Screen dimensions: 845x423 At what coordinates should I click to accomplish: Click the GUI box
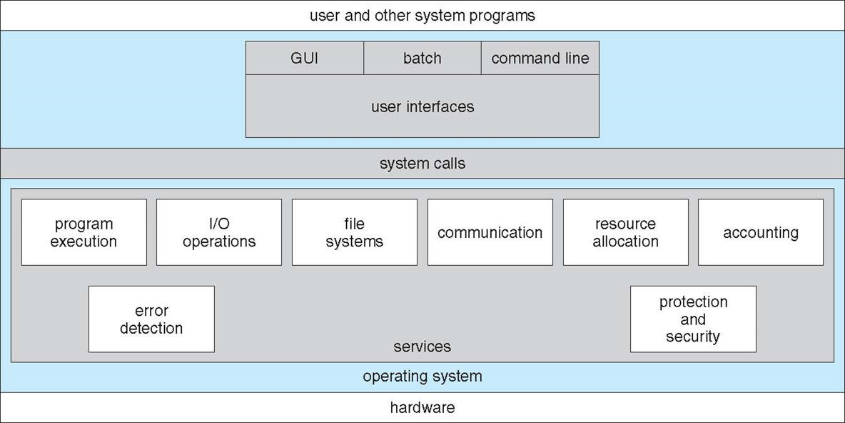[305, 58]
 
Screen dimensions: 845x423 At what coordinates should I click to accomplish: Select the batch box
[422, 58]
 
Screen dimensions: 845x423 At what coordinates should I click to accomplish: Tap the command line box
[540, 58]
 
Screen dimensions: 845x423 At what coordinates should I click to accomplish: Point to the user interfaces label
[422, 107]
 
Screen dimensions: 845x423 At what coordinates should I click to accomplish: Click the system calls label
[422, 164]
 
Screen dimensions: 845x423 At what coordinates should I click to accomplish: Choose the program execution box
[84, 232]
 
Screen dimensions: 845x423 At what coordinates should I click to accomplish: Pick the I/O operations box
[219, 232]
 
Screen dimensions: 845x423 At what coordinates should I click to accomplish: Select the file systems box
[355, 232]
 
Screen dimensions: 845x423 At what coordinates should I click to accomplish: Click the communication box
[490, 232]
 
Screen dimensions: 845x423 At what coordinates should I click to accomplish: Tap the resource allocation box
[626, 232]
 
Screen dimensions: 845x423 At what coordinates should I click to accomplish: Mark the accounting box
[761, 232]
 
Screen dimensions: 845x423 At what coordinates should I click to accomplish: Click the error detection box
[151, 319]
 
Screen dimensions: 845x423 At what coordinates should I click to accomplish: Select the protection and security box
[693, 319]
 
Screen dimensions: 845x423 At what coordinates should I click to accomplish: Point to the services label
[422, 347]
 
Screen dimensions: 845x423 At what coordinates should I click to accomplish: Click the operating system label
[422, 376]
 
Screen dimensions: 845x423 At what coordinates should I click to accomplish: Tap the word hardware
[422, 408]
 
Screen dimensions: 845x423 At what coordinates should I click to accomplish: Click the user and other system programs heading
[422, 15]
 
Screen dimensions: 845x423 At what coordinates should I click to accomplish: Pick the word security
[693, 337]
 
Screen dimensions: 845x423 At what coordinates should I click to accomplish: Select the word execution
[84, 242]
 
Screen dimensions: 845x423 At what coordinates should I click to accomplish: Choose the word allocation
[626, 242]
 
